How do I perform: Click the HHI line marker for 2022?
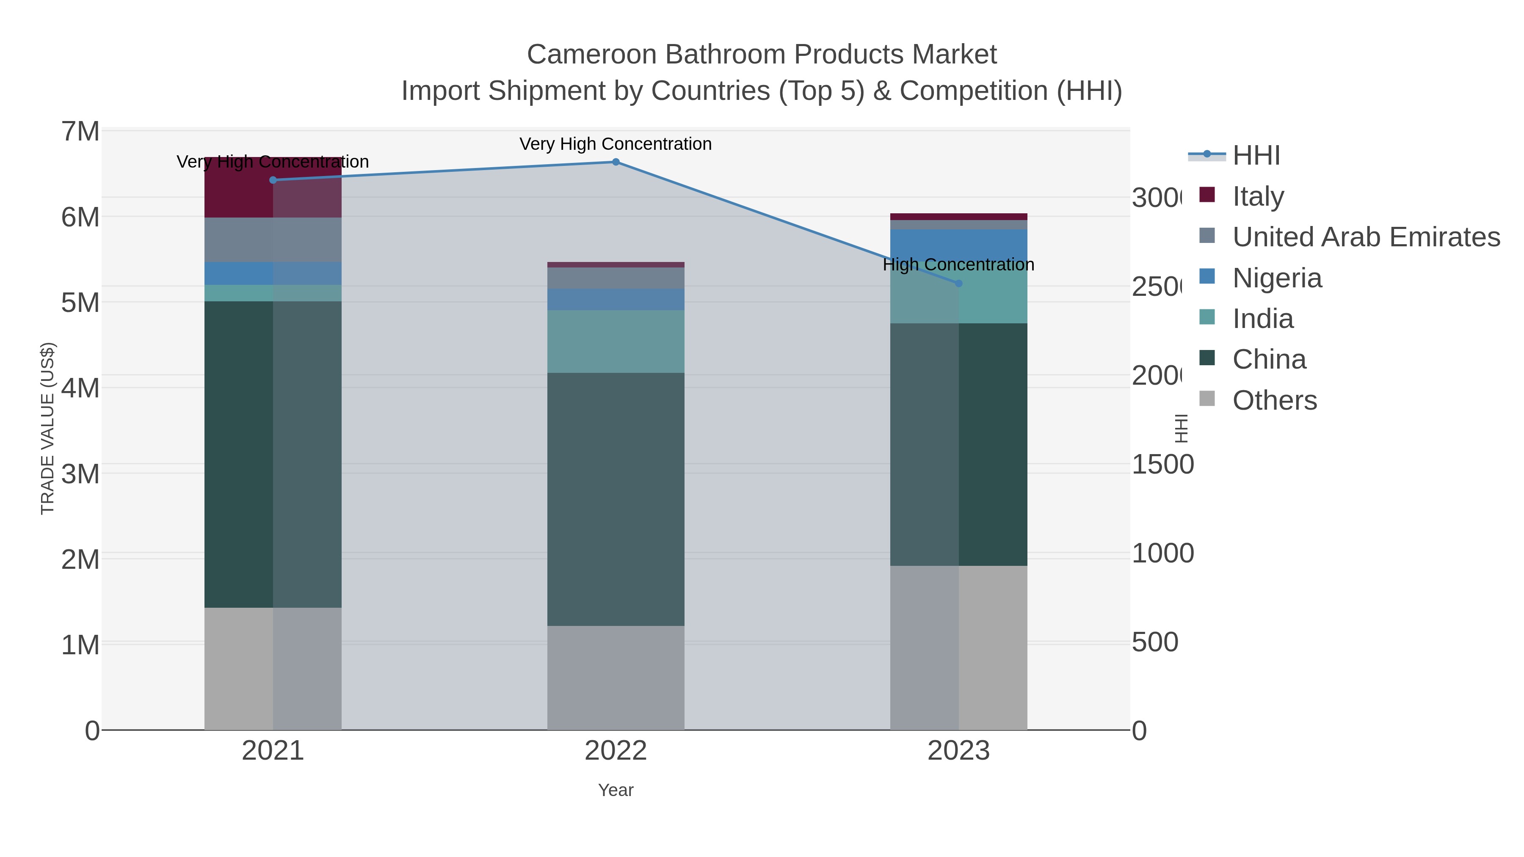coord(615,162)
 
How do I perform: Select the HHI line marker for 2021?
coord(273,180)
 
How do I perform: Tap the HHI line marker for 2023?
coord(958,283)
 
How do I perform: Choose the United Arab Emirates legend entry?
coord(1365,237)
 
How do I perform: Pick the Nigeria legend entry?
coord(1277,278)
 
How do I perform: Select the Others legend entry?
coord(1274,400)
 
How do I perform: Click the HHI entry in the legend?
coord(1256,156)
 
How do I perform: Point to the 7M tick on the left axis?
coord(80,131)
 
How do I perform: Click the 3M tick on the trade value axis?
coord(80,474)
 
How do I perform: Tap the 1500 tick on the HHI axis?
coord(1162,464)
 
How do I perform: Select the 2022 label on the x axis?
coord(615,750)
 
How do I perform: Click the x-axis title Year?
coord(615,790)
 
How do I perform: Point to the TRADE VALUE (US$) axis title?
coord(47,428)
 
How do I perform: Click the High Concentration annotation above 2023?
coord(958,265)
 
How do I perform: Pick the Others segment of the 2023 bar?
coord(958,648)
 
